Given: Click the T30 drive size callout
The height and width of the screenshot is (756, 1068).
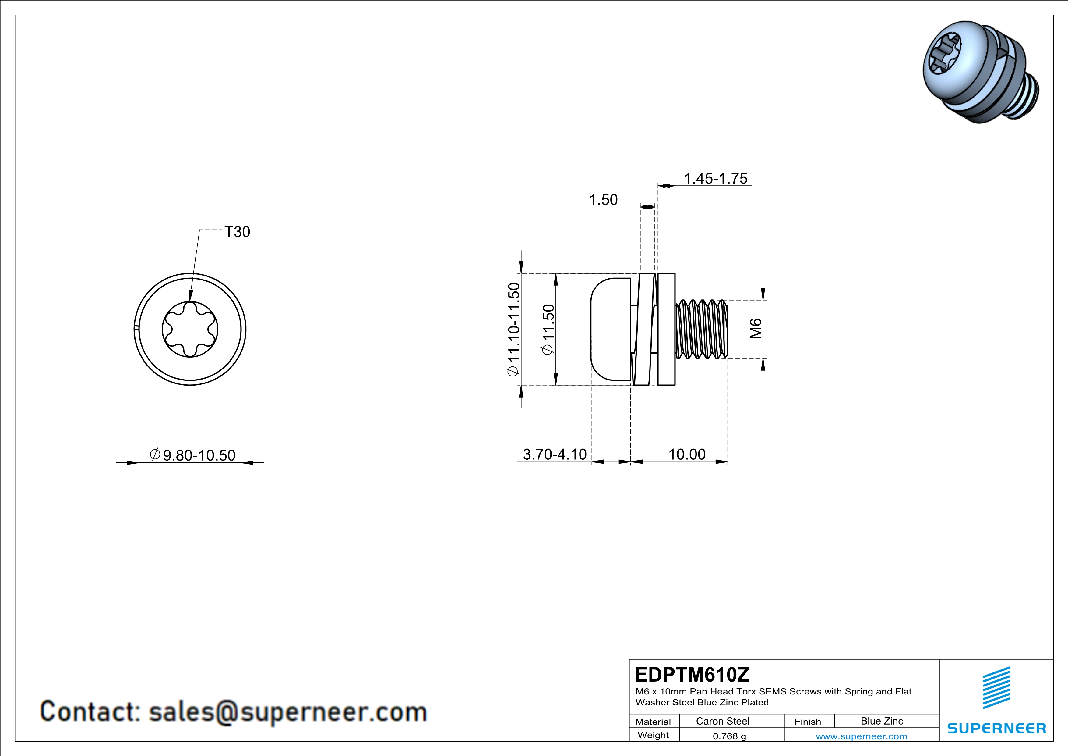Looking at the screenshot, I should click(237, 232).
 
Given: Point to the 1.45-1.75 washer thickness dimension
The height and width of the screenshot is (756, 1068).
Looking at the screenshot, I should click(715, 178).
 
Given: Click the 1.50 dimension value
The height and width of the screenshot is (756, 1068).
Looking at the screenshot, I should click(603, 200).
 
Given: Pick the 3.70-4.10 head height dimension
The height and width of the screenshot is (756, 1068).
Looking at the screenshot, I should click(555, 454).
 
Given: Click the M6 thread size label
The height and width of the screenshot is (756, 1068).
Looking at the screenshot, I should click(756, 329).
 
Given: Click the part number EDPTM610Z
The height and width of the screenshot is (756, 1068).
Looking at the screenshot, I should click(692, 675).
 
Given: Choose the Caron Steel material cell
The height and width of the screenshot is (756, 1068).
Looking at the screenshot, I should click(722, 721).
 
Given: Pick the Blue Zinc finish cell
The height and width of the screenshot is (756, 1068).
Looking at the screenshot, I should click(881, 721).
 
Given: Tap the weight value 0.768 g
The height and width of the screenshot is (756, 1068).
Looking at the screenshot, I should click(729, 736).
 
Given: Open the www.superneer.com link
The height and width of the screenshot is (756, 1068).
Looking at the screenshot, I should click(861, 736).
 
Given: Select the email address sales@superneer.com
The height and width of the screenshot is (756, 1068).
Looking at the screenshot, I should click(287, 712).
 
